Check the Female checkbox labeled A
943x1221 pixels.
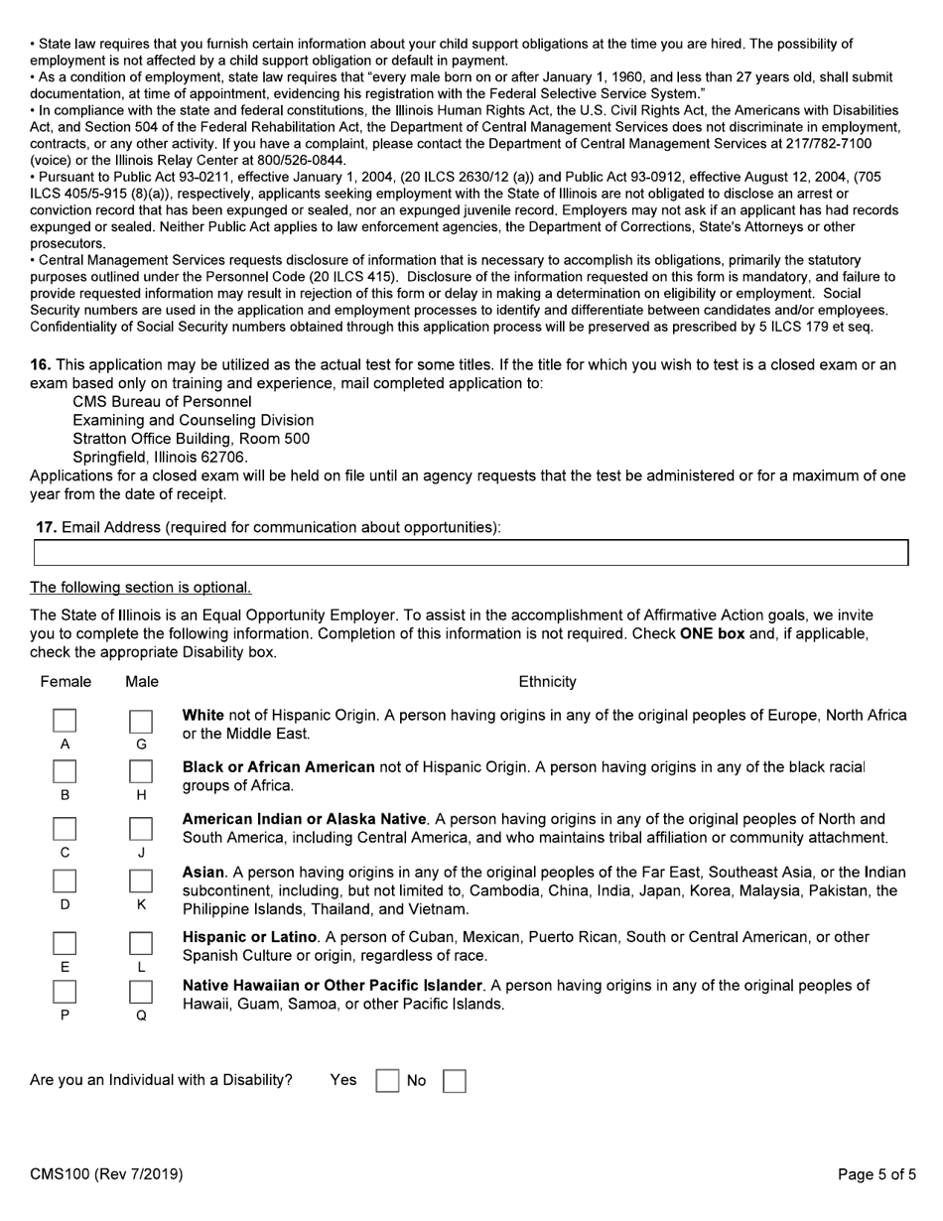click(x=65, y=721)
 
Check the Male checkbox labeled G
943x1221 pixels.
click(x=141, y=721)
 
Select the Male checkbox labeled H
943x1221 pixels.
click(x=141, y=772)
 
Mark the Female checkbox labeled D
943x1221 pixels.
click(x=65, y=882)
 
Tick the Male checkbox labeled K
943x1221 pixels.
click(x=141, y=882)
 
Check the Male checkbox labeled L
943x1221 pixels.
click(x=141, y=943)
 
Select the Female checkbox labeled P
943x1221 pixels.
click(x=65, y=992)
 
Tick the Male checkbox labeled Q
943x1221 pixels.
click(x=141, y=992)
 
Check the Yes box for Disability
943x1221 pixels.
click(x=387, y=1081)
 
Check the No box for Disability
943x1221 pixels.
click(x=454, y=1081)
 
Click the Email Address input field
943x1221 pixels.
click(x=471, y=553)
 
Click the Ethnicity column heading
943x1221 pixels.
click(x=547, y=682)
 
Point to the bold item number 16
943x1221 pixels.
click(x=41, y=365)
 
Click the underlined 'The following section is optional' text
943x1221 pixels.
click(x=141, y=588)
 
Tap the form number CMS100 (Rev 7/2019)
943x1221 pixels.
click(x=106, y=1174)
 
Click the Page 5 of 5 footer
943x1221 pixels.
click(x=876, y=1174)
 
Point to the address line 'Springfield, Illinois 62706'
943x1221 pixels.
click(x=160, y=457)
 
